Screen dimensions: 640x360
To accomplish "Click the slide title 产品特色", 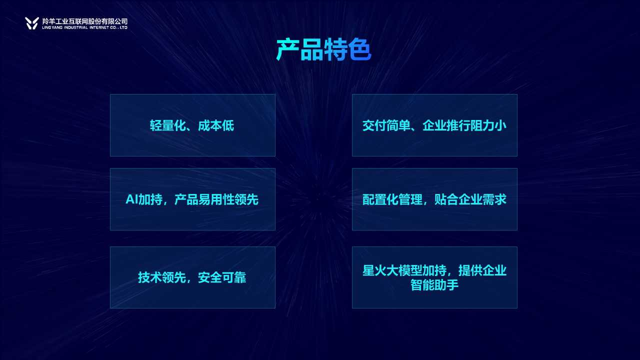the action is click(323, 50).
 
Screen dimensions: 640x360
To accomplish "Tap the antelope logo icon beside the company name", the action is click(31, 23).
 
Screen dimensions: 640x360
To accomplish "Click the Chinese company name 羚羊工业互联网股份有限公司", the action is click(85, 21).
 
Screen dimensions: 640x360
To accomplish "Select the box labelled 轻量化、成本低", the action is click(192, 125).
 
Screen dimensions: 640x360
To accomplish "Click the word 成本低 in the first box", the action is click(216, 125).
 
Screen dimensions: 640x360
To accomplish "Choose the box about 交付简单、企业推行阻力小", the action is click(434, 125).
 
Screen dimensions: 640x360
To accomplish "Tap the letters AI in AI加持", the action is click(132, 199).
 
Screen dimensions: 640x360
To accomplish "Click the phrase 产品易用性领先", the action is click(216, 199).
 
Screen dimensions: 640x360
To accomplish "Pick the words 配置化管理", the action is click(392, 199).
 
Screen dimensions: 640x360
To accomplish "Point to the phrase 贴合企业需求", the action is click(470, 199).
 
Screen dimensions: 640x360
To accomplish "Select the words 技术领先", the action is click(162, 277).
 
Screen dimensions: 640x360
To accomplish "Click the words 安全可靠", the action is click(222, 277).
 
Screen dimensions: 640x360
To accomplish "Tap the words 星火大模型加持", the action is click(404, 270).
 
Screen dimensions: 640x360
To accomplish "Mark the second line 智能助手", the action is click(434, 285).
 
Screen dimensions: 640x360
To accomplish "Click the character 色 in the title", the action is click(359, 50).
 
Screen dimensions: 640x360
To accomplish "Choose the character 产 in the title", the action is click(287, 50).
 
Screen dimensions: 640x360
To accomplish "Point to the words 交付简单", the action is click(386, 125).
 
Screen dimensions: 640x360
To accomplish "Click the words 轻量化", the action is click(168, 125).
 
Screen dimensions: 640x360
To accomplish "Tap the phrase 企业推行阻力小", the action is click(464, 125).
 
